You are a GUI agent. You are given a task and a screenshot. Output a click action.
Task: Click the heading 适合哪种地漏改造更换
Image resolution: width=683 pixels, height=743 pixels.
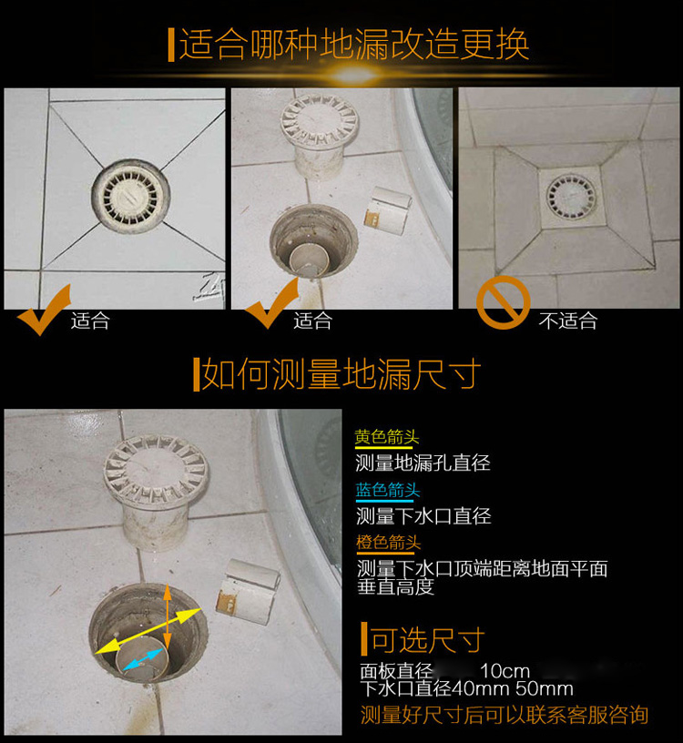tap(353, 45)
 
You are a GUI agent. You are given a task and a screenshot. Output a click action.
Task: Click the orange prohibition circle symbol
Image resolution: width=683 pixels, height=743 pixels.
tap(503, 302)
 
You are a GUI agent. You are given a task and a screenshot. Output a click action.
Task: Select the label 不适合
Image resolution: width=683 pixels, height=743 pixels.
tap(568, 321)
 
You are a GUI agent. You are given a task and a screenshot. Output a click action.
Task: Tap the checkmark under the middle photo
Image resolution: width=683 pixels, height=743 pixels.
tap(270, 306)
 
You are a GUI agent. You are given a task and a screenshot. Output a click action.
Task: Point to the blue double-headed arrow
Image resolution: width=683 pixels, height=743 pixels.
tap(143, 659)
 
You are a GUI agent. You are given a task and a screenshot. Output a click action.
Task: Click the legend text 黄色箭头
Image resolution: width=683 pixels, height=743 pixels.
tap(387, 436)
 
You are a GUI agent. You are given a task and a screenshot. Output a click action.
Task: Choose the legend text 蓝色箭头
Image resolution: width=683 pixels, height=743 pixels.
tap(388, 490)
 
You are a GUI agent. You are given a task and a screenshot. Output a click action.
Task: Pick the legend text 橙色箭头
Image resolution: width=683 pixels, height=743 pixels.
tap(388, 543)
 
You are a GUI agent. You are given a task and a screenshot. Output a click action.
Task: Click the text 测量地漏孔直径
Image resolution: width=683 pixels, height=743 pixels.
tap(423, 463)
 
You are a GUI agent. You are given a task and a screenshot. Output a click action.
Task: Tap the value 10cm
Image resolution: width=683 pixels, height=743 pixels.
tap(505, 671)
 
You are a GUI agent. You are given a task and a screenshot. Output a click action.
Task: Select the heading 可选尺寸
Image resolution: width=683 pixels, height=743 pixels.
tap(427, 640)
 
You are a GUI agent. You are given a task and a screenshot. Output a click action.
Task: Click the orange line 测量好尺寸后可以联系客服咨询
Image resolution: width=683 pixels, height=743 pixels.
tap(504, 715)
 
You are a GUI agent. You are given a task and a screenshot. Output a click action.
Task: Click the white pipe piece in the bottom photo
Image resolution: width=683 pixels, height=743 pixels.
tap(248, 592)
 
